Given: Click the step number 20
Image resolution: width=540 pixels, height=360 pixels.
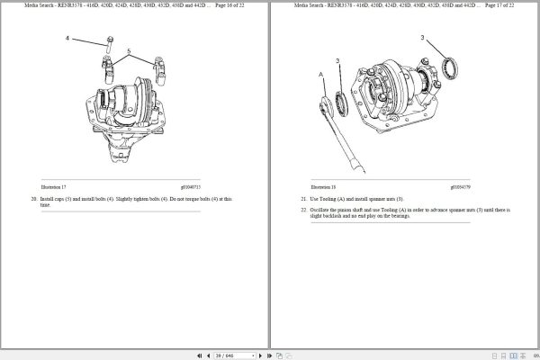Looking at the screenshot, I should pyautogui.click(x=33, y=198).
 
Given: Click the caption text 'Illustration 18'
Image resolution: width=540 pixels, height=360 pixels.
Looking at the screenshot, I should pyautogui.click(x=312, y=185).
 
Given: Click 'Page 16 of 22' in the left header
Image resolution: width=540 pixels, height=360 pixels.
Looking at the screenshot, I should pyautogui.click(x=229, y=5).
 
